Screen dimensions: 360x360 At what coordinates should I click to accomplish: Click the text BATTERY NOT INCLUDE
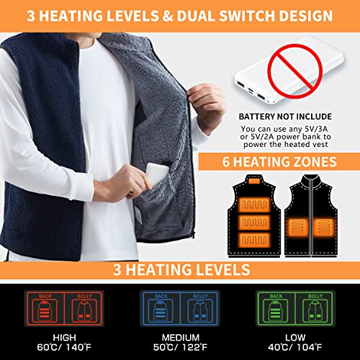point(285,117)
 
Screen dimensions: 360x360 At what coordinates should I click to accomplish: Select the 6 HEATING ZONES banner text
point(279,162)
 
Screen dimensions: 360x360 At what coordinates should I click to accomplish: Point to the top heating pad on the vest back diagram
point(254,204)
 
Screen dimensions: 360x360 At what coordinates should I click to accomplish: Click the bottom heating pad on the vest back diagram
point(254,240)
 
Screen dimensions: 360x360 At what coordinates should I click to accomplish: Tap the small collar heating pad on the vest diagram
point(254,181)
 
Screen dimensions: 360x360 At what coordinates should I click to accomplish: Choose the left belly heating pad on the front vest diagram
point(299,227)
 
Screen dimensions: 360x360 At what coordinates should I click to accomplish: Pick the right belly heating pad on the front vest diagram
point(324,227)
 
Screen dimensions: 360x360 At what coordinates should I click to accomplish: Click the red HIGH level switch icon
point(64,308)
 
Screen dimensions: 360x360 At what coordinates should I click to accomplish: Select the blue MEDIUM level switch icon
point(180,308)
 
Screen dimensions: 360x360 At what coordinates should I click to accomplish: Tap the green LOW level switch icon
point(295,308)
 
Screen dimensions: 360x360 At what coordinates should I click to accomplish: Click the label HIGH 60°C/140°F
point(64,343)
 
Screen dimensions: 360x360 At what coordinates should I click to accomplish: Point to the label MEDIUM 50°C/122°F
point(180,343)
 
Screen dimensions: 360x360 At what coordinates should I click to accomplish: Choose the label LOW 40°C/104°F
point(295,343)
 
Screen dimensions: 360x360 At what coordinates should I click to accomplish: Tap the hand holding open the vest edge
point(207,103)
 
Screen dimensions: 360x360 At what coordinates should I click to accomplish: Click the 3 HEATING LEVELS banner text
point(181,269)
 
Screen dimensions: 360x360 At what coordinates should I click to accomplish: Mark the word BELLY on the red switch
point(84,297)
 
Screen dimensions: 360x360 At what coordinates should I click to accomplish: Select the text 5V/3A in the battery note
point(316,129)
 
